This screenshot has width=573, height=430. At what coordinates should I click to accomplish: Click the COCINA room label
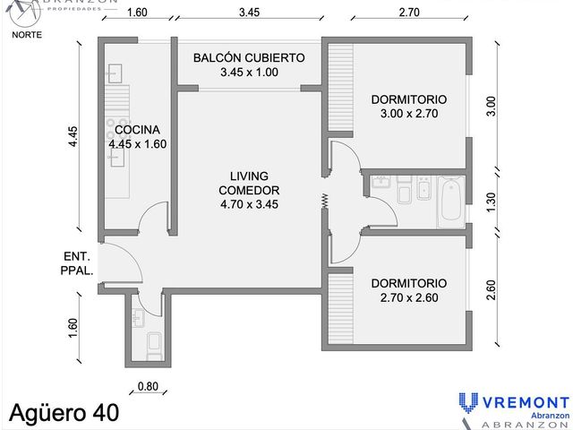tap(137, 130)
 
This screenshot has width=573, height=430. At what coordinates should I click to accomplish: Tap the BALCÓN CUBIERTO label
tap(249, 57)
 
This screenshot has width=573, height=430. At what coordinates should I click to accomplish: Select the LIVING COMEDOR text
tap(249, 183)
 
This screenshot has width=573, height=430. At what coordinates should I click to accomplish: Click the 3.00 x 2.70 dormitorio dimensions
tap(409, 114)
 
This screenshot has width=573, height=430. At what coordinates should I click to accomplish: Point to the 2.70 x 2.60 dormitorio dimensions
tap(409, 297)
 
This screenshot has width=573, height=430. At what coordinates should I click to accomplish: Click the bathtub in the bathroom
tap(452, 201)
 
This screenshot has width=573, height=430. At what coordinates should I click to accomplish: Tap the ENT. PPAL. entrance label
tap(77, 263)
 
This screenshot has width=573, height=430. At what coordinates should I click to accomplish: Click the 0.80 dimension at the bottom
tap(148, 386)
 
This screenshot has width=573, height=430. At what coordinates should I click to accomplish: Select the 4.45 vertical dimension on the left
tap(73, 137)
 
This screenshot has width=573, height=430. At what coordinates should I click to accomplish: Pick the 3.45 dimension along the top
tap(249, 13)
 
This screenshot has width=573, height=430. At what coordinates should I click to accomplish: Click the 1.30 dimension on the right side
tap(492, 202)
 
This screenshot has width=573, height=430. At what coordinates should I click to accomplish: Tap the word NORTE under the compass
tap(27, 35)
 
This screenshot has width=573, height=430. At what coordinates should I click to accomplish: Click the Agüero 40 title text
tap(64, 413)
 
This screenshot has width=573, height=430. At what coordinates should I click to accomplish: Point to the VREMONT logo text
tap(526, 402)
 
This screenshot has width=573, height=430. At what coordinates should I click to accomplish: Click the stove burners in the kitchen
tap(117, 129)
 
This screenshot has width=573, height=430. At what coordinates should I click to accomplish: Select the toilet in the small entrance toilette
tap(153, 346)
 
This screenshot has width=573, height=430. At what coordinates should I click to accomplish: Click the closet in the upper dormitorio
tap(340, 88)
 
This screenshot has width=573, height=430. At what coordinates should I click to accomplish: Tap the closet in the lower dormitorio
tap(340, 308)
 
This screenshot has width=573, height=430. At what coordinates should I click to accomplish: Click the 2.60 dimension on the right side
tap(492, 290)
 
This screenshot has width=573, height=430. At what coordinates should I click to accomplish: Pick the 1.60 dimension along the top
tap(137, 13)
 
